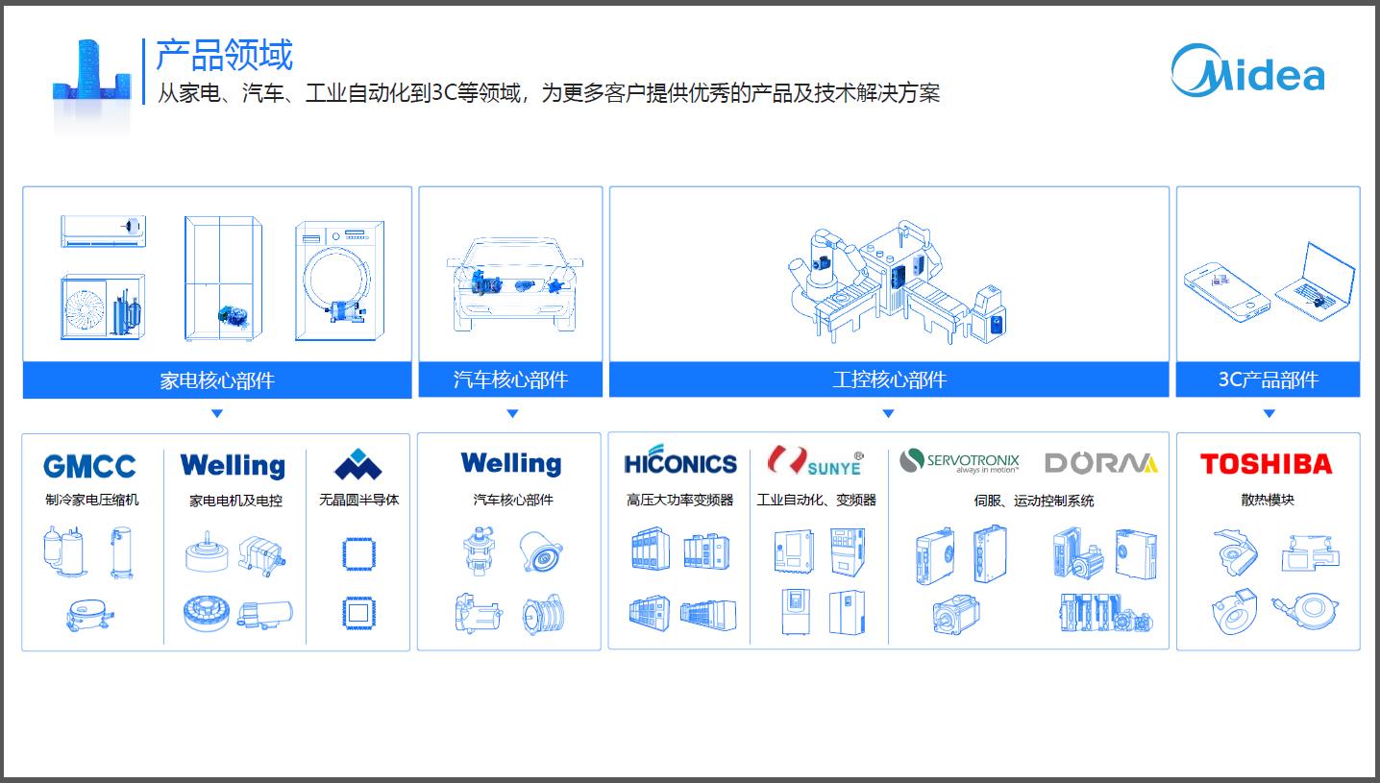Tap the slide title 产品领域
coord(224,55)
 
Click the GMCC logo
coord(89,467)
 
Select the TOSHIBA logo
coord(1266,465)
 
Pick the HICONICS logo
coord(680,463)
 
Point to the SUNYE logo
coord(816,462)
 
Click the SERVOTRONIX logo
coord(959,462)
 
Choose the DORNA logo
coord(1100,463)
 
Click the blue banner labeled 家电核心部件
coord(217,379)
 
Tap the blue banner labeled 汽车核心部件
coord(510,379)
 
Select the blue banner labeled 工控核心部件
coord(889,379)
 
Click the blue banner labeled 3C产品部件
coord(1268,379)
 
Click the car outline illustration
coord(515,284)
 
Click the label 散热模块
coord(1268,500)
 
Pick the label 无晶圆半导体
coord(358,500)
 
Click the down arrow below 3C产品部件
coord(1269,414)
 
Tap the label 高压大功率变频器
coord(680,500)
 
